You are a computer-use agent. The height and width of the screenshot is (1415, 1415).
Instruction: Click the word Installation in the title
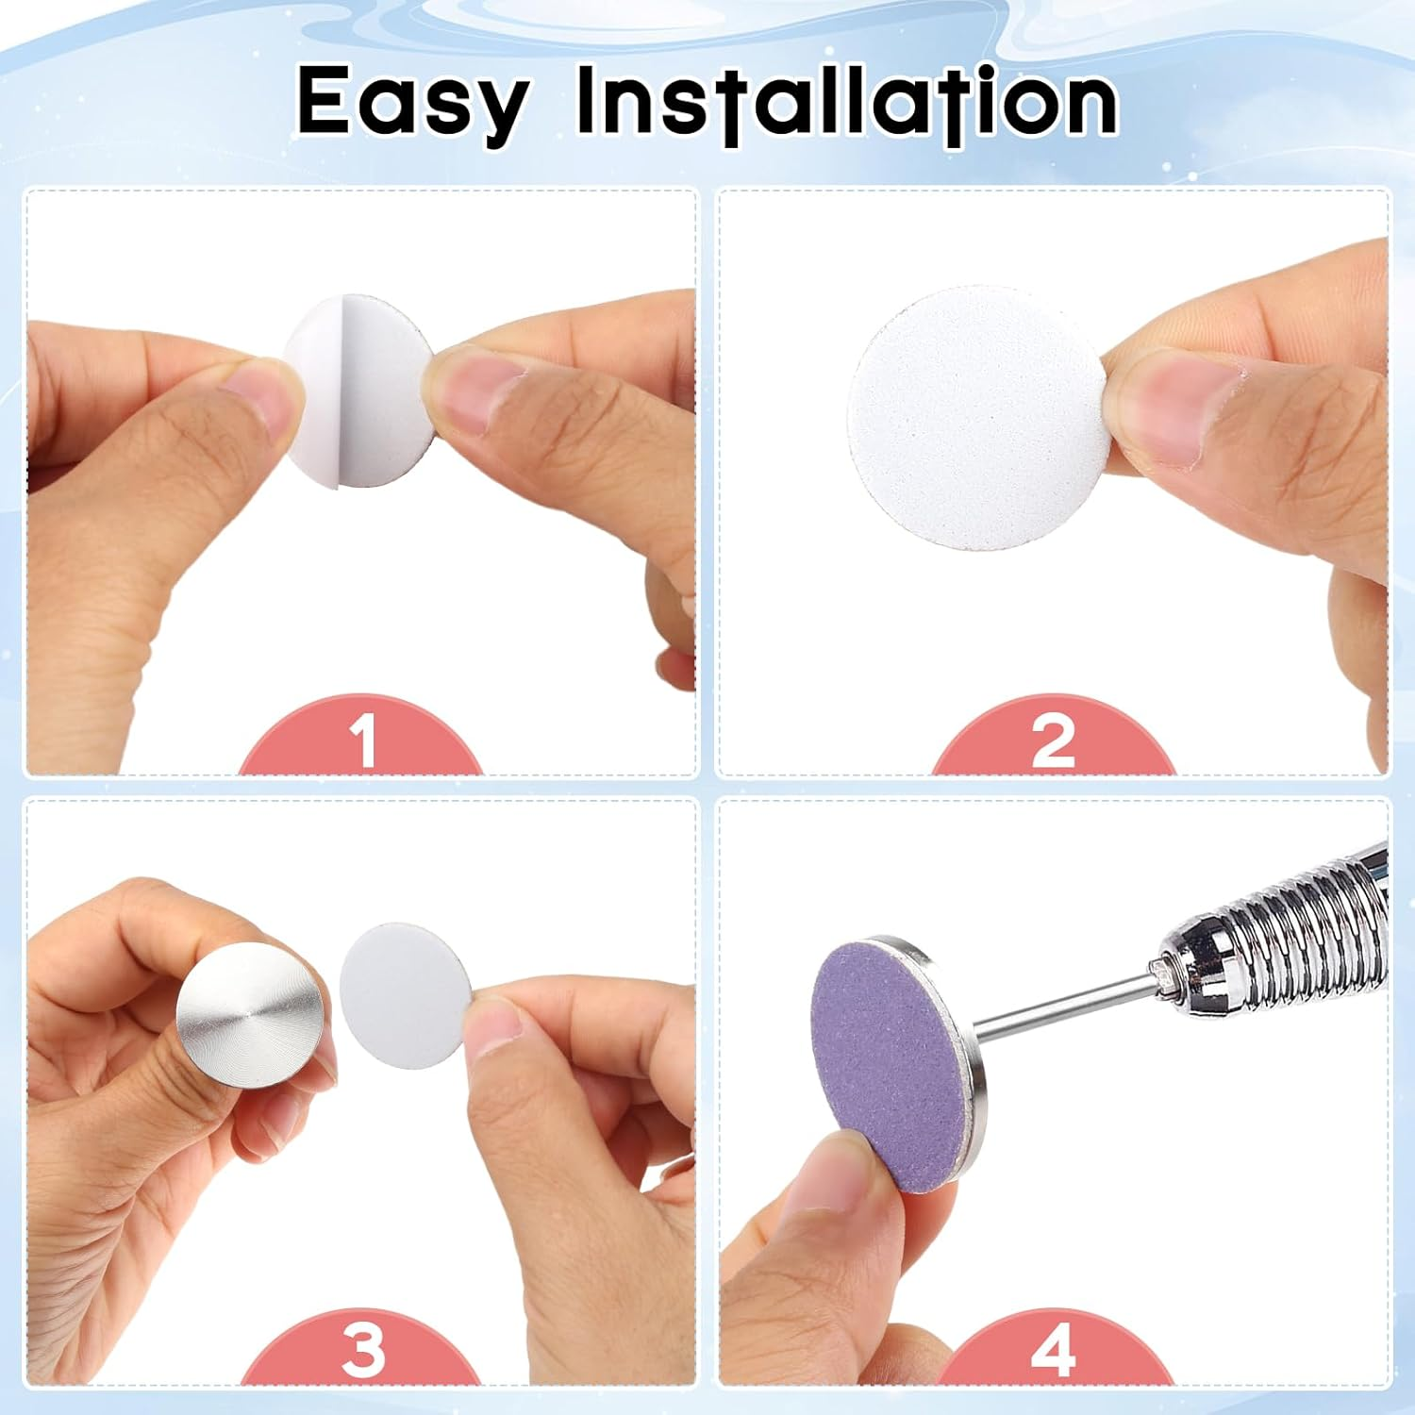point(847,100)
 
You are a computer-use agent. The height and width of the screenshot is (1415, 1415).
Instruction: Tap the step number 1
point(363,741)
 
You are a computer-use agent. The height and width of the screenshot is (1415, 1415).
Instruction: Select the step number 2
point(1053,741)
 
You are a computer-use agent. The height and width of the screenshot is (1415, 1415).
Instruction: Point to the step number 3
point(363,1349)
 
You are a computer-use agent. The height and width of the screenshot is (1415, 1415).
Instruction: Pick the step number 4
point(1053,1349)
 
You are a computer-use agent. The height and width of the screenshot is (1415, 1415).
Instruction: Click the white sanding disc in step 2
point(976,418)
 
